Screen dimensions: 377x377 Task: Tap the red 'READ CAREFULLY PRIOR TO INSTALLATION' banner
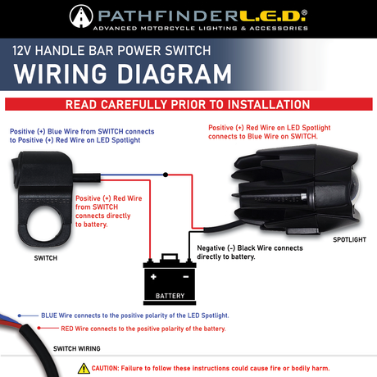click(188, 105)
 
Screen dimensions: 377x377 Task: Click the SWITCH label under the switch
click(45, 256)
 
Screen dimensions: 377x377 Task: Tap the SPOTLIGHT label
click(350, 240)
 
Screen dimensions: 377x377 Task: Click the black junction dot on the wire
click(166, 175)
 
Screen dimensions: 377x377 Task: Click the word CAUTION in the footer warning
click(110, 369)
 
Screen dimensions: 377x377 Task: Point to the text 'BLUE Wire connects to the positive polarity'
click(134, 315)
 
